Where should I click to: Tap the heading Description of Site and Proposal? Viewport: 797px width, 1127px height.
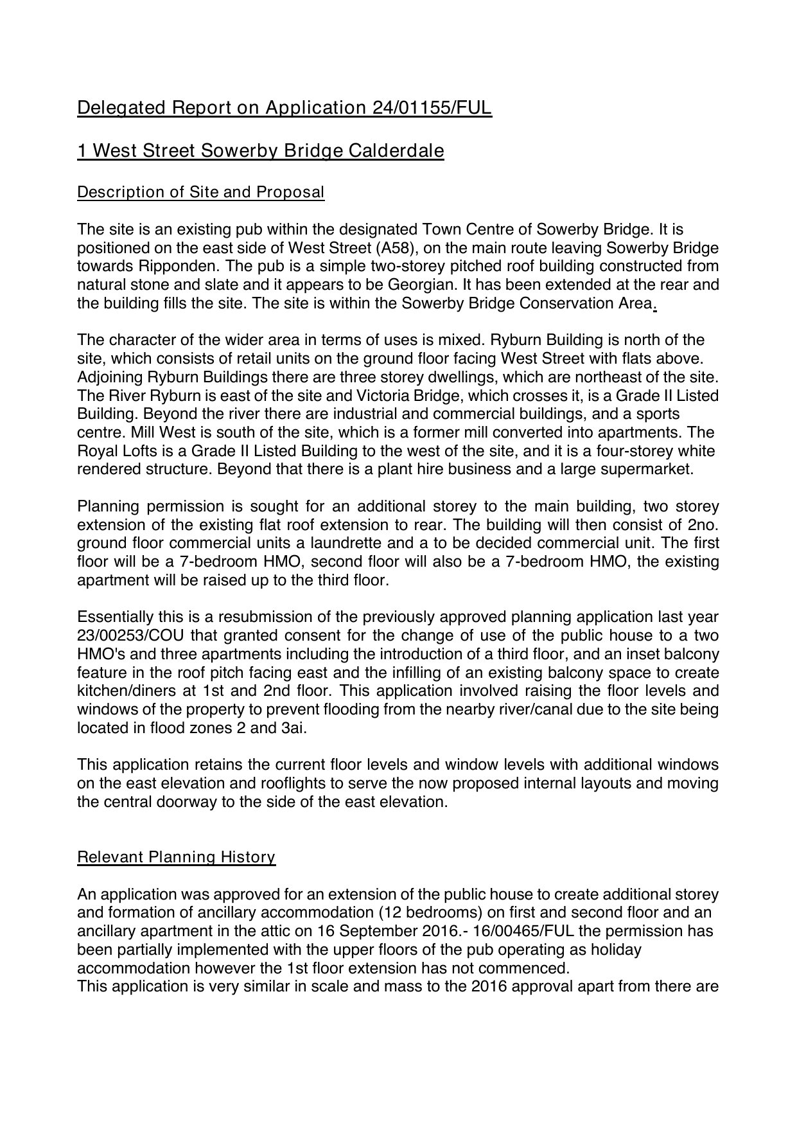click(x=200, y=192)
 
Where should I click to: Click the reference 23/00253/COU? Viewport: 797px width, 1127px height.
click(x=122, y=636)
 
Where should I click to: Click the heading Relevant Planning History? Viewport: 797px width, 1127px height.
click(x=176, y=857)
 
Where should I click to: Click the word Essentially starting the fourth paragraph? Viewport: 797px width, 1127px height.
click(x=114, y=617)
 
